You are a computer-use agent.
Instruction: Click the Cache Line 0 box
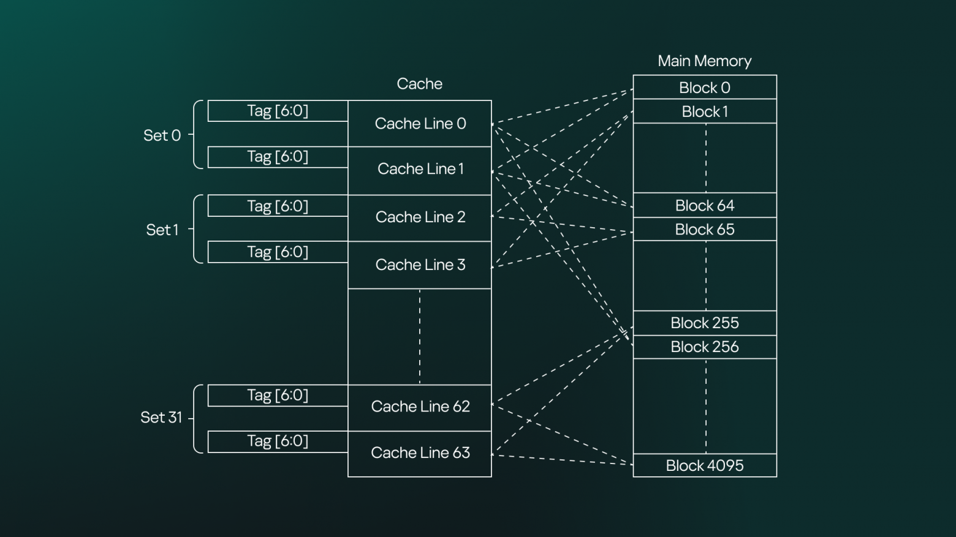point(420,124)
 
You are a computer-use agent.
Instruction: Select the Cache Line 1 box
point(420,170)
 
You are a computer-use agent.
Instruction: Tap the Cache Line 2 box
point(420,217)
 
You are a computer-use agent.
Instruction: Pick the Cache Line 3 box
point(420,265)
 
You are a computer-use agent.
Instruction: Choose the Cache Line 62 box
point(420,407)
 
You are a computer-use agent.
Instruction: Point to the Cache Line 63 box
point(420,453)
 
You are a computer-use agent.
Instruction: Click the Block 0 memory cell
point(705,88)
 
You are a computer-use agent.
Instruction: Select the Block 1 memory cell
point(705,111)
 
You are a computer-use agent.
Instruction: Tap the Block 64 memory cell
point(705,205)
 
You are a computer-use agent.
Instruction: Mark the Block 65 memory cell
point(705,229)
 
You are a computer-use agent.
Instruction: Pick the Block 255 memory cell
point(705,323)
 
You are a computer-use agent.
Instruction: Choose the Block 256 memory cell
point(705,347)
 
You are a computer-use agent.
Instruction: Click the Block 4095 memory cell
point(705,465)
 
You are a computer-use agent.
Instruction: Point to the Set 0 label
point(162,135)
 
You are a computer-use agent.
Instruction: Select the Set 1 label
point(162,230)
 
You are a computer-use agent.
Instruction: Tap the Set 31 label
point(161,418)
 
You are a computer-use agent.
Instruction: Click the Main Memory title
point(705,61)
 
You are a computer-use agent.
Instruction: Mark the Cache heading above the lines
point(420,84)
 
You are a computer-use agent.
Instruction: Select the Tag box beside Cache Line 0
point(278,111)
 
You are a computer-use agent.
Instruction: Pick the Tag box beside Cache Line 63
point(278,441)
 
